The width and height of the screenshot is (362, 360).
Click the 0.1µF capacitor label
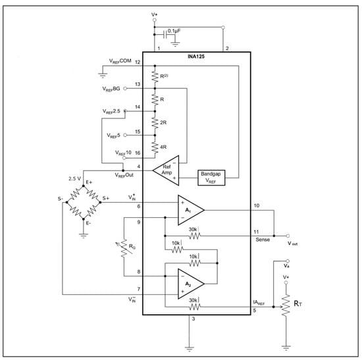(177, 31)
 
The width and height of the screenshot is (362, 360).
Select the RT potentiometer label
(298, 303)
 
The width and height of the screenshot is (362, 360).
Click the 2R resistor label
(162, 122)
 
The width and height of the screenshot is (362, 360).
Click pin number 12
(138, 62)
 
